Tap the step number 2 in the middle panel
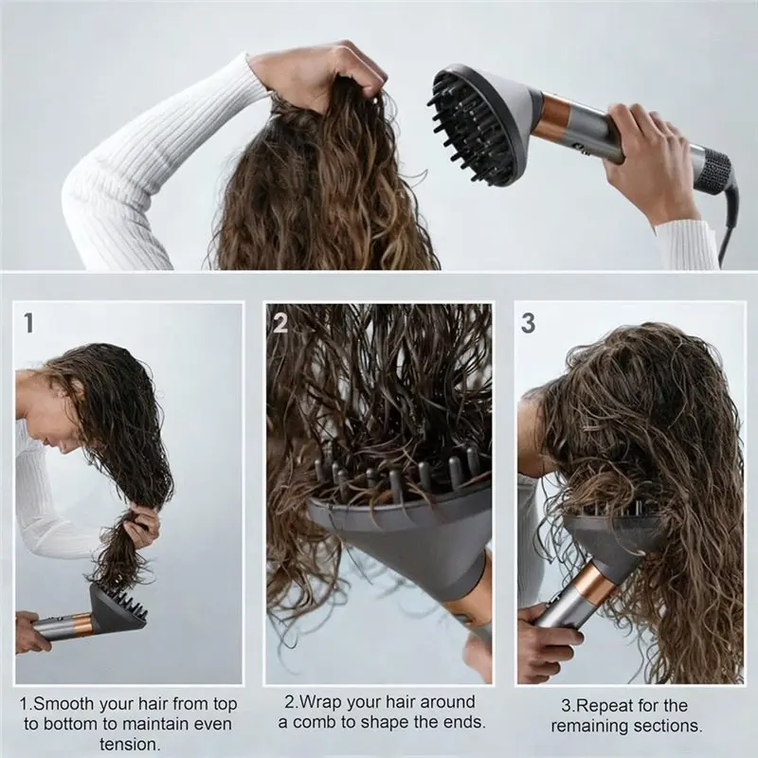280,323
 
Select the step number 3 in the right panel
528,323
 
